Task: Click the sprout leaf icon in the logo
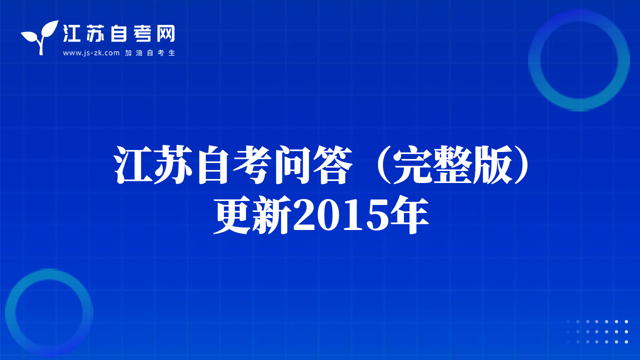39,37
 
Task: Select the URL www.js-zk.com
91,53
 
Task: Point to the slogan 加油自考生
149,53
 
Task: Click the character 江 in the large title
133,164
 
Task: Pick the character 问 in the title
292,164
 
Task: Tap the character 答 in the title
332,164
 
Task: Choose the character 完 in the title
412,164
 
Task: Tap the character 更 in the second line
232,215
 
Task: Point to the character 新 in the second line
272,215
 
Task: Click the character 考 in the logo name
142,33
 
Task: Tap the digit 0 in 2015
327,215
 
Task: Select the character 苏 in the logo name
95,33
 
